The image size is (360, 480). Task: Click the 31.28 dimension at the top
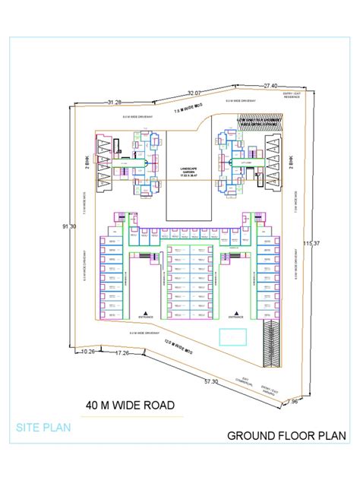(x=115, y=101)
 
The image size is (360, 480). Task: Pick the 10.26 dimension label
(x=88, y=351)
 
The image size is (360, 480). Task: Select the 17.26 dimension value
(x=123, y=353)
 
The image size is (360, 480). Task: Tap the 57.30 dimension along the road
(x=210, y=381)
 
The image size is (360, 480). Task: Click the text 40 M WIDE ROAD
(x=131, y=405)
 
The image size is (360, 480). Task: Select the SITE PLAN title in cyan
(x=43, y=428)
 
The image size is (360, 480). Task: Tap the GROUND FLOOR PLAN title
(x=287, y=436)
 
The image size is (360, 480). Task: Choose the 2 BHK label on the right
(x=292, y=163)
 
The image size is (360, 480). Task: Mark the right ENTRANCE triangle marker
(x=238, y=312)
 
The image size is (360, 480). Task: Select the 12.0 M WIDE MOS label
(x=178, y=344)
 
